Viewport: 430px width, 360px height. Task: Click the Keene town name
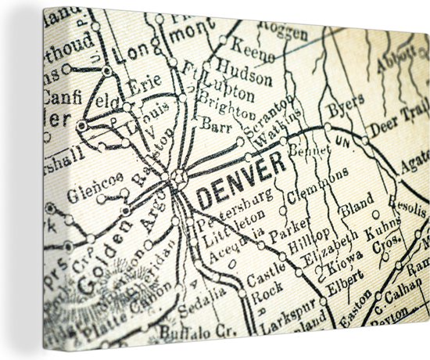click(x=254, y=49)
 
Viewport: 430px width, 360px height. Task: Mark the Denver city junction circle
click(x=179, y=177)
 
